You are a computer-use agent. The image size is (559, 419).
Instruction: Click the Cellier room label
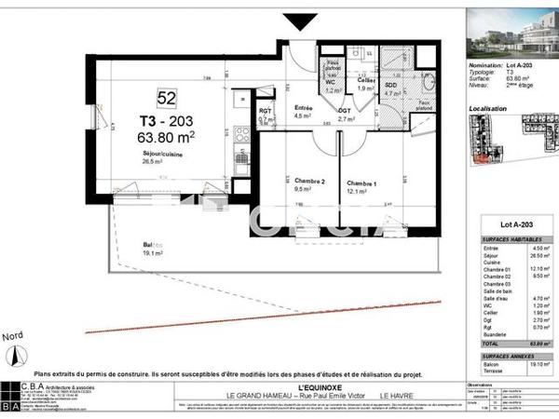[365, 82]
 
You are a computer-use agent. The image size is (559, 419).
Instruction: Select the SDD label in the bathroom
[393, 85]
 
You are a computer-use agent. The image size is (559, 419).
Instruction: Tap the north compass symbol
[14, 354]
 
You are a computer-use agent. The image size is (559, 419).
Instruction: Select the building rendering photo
[511, 30]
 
